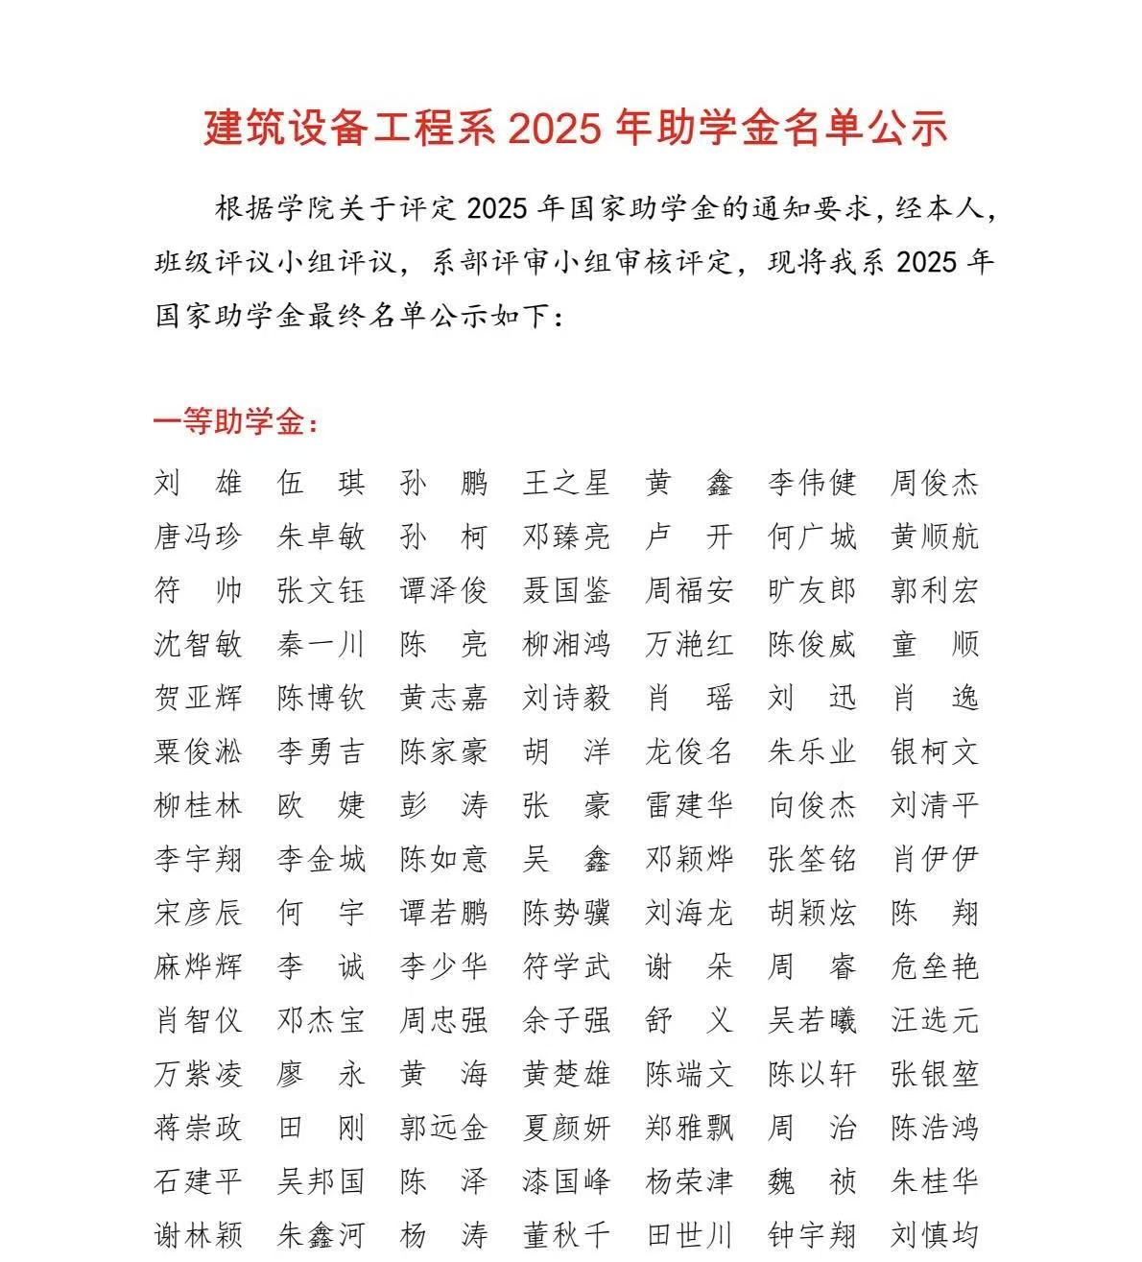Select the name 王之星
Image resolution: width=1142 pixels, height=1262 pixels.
click(566, 483)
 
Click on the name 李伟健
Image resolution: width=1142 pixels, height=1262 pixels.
click(812, 483)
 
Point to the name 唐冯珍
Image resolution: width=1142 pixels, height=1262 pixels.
click(198, 536)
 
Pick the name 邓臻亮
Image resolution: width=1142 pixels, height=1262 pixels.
click(566, 536)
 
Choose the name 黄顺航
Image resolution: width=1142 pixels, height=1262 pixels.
click(935, 536)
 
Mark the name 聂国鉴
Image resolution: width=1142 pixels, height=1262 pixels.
click(566, 590)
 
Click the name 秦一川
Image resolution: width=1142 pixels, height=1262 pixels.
click(321, 644)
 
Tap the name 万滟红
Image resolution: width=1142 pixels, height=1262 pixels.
click(689, 644)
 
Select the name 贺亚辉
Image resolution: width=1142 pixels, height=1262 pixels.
click(198, 698)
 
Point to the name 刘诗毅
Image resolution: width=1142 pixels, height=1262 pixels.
click(566, 698)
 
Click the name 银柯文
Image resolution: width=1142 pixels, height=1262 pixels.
click(935, 751)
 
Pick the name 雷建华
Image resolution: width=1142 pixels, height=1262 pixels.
click(689, 805)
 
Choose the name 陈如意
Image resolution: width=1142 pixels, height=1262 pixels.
click(443, 859)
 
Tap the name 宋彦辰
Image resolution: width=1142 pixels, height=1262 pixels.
click(198, 913)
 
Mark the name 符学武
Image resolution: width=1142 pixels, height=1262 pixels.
click(566, 966)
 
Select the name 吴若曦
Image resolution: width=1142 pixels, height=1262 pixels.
click(812, 1020)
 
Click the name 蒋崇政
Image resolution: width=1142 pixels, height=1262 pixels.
click(198, 1128)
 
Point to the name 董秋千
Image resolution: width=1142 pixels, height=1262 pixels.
click(566, 1235)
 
